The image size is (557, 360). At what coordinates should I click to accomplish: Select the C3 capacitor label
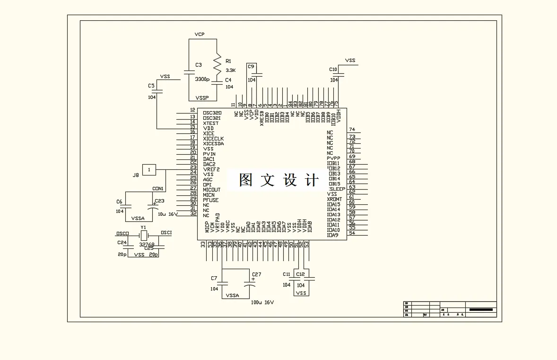click(x=199, y=65)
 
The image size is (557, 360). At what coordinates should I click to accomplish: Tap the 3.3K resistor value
click(x=230, y=70)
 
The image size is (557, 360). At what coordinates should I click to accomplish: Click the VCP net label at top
click(x=199, y=35)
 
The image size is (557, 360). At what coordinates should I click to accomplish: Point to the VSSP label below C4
click(x=202, y=97)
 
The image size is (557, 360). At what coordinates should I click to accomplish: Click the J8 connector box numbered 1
click(x=149, y=169)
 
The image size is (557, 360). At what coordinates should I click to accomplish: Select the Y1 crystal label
click(x=143, y=228)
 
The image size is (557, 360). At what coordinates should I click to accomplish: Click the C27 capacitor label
click(x=256, y=274)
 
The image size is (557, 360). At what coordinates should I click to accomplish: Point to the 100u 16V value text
click(x=262, y=302)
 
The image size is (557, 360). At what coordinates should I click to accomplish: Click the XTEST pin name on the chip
click(x=211, y=123)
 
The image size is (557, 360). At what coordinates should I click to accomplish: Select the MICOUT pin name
click(x=212, y=190)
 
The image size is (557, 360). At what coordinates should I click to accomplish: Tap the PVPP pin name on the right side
click(x=334, y=158)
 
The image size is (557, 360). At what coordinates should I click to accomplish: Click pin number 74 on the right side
click(x=352, y=130)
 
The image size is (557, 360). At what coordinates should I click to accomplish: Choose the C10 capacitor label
click(x=333, y=70)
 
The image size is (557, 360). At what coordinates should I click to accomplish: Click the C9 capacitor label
click(x=251, y=67)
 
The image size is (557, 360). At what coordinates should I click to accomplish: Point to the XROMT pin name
click(x=334, y=199)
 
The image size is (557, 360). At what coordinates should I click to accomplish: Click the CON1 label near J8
click(x=158, y=188)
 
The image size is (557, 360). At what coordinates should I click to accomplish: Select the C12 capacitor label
click(x=300, y=274)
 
